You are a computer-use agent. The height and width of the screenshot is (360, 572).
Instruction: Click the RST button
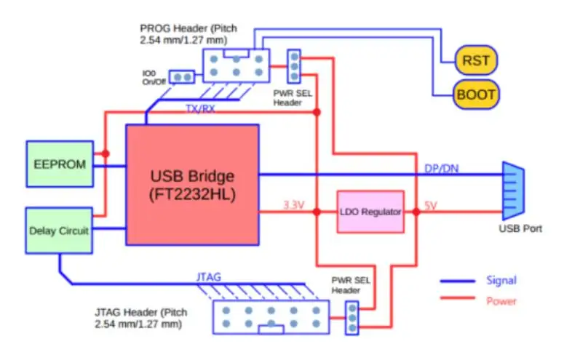pos(477,61)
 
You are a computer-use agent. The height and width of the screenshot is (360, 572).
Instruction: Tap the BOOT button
pos(477,95)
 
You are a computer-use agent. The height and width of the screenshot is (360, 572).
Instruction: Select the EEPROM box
pos(60,164)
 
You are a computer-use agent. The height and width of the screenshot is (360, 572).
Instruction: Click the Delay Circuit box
pos(60,231)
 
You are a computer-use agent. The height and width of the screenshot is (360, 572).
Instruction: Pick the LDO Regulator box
pos(370,212)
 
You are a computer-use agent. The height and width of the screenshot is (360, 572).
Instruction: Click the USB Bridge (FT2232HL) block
pos(192,185)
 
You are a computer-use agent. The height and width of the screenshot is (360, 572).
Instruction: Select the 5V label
pos(431,206)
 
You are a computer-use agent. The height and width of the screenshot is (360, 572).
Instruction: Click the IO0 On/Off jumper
pos(181,76)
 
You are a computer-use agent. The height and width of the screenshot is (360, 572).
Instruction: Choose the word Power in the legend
pos(501,300)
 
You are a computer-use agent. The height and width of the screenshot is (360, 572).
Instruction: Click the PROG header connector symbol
pos(236,65)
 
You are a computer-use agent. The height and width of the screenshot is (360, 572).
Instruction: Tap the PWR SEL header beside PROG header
pos(294,66)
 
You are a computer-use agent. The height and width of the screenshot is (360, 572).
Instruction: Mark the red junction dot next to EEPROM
pos(106,153)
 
